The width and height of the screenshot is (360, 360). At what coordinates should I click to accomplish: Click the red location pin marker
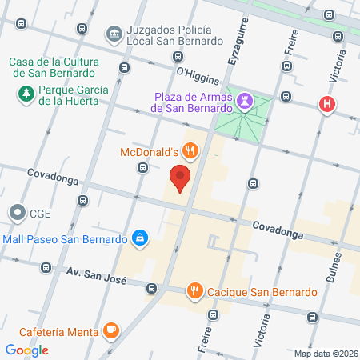click(x=181, y=178)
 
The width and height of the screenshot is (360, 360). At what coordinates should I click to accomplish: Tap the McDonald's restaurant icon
click(x=190, y=150)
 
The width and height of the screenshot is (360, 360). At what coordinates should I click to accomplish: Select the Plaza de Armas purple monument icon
click(x=247, y=102)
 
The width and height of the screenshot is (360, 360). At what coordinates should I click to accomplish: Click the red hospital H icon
click(x=326, y=104)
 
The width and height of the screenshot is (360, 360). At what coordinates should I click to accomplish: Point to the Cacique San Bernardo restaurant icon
click(x=194, y=290)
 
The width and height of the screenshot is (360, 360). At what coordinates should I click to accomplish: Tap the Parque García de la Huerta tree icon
click(x=26, y=94)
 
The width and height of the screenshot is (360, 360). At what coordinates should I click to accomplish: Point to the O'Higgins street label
click(x=197, y=73)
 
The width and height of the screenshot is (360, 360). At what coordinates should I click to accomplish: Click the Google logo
click(x=27, y=350)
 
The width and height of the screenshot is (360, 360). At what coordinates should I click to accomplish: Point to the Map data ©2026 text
click(x=326, y=354)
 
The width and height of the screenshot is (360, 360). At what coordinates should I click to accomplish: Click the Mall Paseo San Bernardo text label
click(x=66, y=238)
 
